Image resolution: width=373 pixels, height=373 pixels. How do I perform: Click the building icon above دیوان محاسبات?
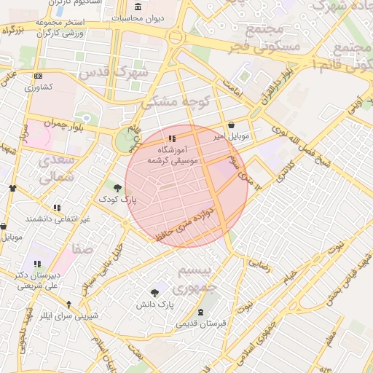[138, 6]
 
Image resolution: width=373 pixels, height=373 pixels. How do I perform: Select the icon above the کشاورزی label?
[38, 76]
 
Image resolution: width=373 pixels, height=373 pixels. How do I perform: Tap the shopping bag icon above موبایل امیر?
[232, 125]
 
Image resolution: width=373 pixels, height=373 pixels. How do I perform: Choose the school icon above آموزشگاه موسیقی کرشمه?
[171, 138]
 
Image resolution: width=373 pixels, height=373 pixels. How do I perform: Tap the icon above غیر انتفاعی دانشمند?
[58, 208]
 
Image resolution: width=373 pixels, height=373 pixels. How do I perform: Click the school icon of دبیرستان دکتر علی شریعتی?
[37, 264]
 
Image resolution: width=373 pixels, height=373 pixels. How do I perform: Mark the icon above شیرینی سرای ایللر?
[68, 305]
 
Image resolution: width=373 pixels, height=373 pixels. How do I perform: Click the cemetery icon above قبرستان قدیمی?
[201, 312]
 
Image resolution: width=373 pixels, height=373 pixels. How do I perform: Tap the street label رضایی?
[260, 264]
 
